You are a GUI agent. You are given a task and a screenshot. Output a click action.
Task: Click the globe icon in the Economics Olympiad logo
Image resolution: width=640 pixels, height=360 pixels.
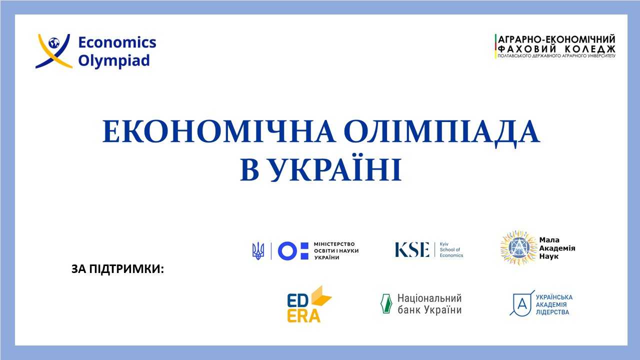(53, 43)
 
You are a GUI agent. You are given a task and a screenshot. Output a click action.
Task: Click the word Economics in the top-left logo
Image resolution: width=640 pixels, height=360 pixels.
(117, 42)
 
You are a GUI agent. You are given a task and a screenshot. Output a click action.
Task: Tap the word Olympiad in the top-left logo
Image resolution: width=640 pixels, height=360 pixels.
(114, 61)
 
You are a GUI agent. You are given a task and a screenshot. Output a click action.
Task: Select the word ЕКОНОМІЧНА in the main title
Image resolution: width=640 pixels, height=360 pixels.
(219, 131)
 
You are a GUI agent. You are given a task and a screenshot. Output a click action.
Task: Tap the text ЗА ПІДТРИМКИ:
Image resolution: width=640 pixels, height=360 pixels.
(117, 269)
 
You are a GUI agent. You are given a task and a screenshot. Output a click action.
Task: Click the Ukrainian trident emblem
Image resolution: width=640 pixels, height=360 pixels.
(258, 251)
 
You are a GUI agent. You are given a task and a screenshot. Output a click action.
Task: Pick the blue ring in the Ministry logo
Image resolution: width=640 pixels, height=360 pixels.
(287, 251)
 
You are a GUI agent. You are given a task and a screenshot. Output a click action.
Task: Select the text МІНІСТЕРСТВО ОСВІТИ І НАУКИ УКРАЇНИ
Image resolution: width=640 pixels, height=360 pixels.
(336, 251)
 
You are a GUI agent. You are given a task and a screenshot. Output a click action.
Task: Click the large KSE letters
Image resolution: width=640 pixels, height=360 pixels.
(412, 249)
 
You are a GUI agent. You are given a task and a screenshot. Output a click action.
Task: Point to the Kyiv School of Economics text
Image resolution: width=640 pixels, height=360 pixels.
(451, 249)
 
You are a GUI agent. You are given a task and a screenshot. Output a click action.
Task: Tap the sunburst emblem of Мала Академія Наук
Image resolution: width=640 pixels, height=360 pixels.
(518, 247)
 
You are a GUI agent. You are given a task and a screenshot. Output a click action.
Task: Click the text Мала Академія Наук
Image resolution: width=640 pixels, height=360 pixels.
(557, 248)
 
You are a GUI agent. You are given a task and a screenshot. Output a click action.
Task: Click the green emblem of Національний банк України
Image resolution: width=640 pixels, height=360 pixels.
(386, 303)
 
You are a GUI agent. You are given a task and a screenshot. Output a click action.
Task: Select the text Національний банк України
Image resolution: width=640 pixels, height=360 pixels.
(429, 304)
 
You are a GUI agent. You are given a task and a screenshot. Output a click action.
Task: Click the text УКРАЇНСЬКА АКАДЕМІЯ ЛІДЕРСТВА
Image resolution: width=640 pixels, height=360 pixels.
(554, 304)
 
